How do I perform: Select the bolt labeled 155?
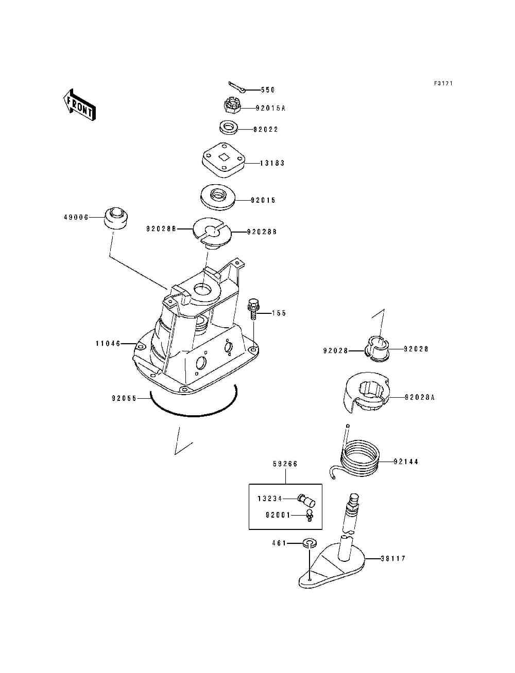click(x=253, y=309)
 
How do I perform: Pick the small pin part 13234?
click(x=307, y=500)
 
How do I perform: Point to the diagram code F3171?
click(x=443, y=83)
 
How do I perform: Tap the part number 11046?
click(x=108, y=343)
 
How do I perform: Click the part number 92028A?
click(x=420, y=398)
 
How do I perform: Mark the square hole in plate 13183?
click(x=224, y=157)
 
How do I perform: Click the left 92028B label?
click(x=161, y=229)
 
